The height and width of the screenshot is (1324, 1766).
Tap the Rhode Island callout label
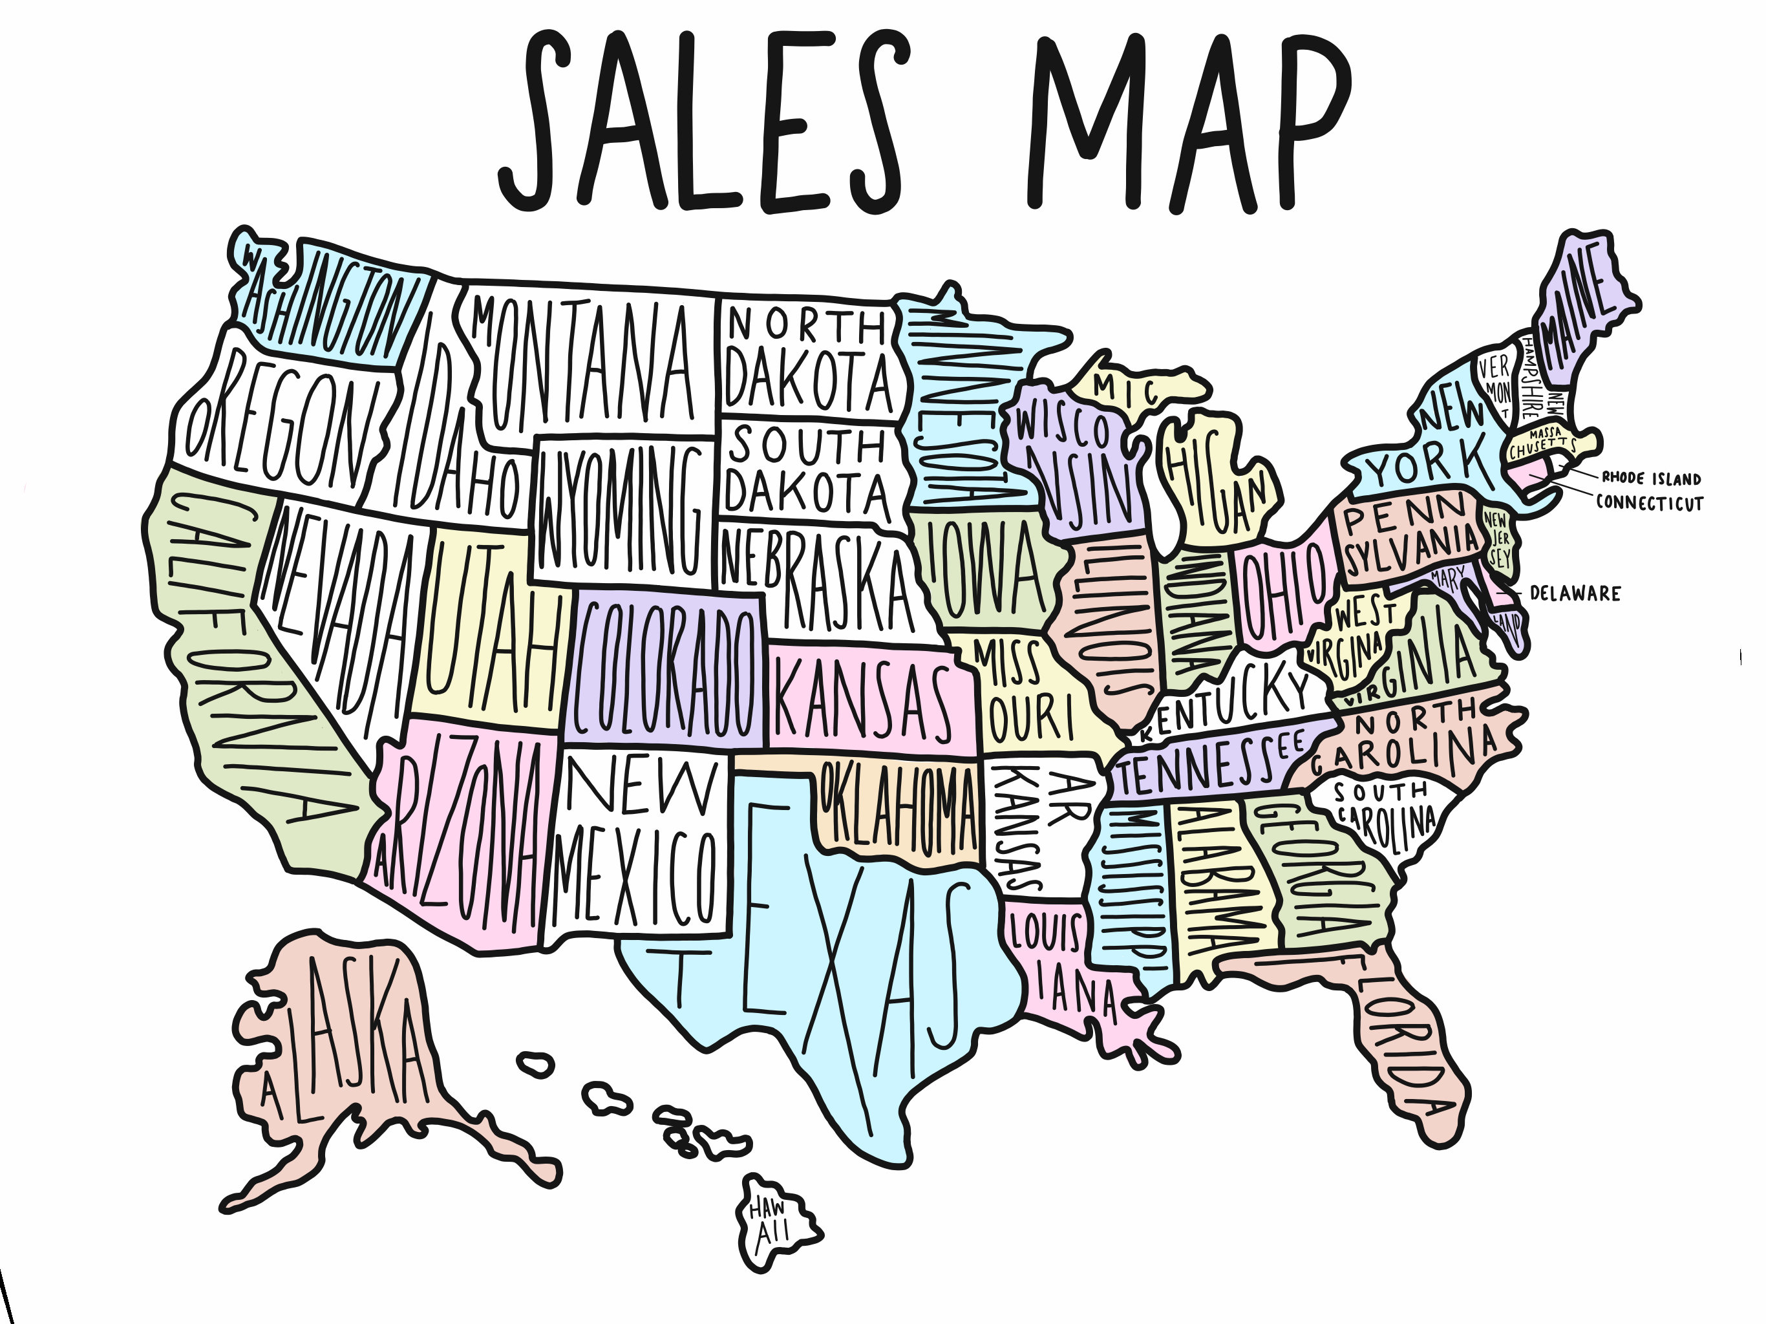[1651, 478]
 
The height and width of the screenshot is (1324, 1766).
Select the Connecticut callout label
[1650, 503]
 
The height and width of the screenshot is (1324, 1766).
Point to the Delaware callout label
[1575, 593]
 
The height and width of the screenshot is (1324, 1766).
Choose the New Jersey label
[1498, 539]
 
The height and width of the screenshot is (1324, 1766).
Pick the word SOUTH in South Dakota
[806, 444]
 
